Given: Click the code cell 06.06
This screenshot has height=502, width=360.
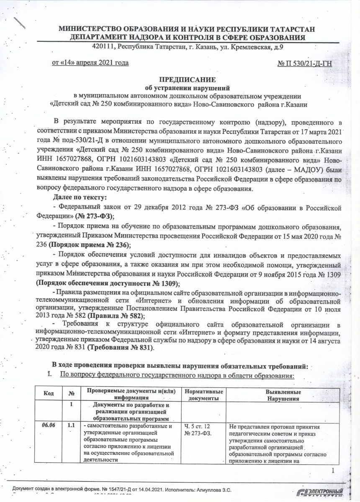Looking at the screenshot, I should point(49,425).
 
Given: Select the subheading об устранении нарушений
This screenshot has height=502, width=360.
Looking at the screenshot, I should point(188,88).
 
